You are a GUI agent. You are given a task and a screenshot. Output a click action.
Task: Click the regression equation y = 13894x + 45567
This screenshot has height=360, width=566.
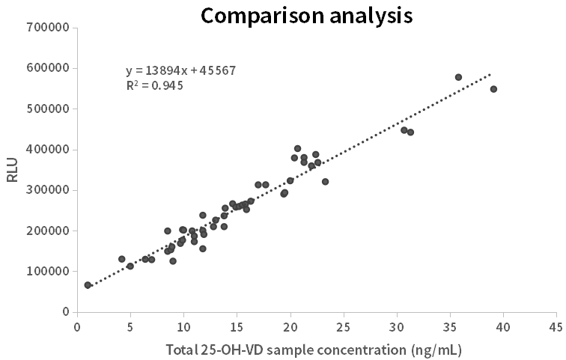[181, 70]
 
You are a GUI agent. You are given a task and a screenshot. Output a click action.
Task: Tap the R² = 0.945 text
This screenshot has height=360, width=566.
[155, 85]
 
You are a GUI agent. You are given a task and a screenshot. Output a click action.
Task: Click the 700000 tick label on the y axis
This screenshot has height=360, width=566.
[48, 28]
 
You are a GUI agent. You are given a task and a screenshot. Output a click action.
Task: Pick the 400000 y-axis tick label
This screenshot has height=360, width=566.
[48, 150]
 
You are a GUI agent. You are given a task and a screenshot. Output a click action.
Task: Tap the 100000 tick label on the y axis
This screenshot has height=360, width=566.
[48, 272]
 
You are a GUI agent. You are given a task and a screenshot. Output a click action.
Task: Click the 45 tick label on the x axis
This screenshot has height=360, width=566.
[556, 326]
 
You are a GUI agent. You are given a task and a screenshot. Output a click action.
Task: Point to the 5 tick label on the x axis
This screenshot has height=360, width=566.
[130, 326]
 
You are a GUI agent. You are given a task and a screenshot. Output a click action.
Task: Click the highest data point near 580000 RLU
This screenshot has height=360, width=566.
[458, 77]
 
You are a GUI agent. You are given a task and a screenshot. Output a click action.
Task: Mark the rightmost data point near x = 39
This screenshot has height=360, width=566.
[493, 89]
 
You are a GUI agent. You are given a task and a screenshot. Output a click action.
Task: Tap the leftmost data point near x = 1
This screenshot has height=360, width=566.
[88, 285]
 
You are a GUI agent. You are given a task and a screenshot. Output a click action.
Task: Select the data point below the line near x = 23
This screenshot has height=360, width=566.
[325, 182]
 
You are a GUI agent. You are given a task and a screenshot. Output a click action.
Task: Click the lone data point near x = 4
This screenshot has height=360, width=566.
[122, 259]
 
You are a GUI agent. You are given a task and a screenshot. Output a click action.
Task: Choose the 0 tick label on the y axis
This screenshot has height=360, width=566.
[66, 312]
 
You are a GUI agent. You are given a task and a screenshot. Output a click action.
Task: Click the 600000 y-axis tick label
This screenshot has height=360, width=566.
[48, 68]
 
